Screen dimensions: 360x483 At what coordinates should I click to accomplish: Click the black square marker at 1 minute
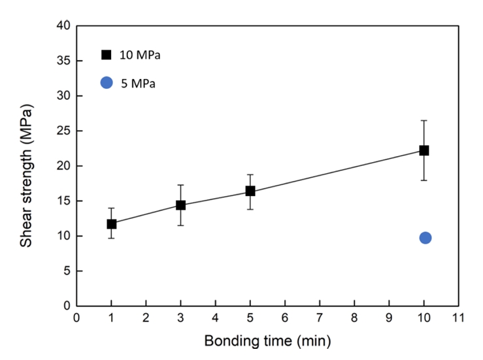coord(112,223)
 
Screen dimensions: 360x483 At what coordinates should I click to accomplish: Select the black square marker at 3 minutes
coord(181,205)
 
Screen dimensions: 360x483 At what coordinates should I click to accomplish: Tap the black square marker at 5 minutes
coord(250,191)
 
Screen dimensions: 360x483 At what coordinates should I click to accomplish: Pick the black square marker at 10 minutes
coord(424,150)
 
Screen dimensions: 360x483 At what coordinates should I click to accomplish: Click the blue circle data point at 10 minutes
coord(425,237)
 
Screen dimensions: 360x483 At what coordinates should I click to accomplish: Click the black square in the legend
coord(106,55)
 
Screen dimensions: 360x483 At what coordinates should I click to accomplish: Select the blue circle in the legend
coord(107,83)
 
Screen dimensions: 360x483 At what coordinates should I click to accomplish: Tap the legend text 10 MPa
coord(140,56)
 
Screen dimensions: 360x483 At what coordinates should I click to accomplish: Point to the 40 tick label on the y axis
coord(63,26)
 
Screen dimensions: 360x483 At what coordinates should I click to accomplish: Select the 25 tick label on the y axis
coord(63,131)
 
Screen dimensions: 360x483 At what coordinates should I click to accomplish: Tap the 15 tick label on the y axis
coord(63,201)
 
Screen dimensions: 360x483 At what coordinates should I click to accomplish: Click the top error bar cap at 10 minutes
coord(424,120)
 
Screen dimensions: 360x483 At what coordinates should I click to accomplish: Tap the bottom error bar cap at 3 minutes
coord(181,225)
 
